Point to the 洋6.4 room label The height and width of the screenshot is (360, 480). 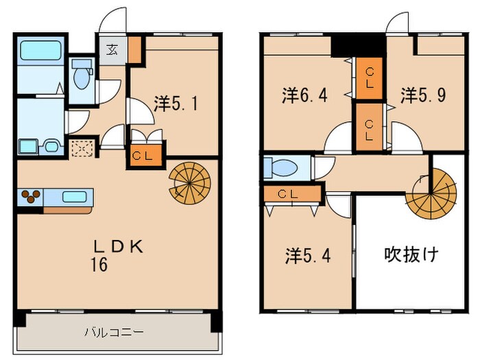304,95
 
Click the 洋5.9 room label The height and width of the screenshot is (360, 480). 423,95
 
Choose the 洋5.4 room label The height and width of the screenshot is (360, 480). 308,256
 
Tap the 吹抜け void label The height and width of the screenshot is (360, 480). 410,255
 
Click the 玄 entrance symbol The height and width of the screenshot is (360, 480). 111,49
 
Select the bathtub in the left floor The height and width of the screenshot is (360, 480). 39,51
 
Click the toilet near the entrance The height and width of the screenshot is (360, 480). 81,74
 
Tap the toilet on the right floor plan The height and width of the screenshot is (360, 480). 283,167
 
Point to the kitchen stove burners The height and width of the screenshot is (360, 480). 29,196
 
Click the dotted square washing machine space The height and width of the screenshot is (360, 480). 82,149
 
